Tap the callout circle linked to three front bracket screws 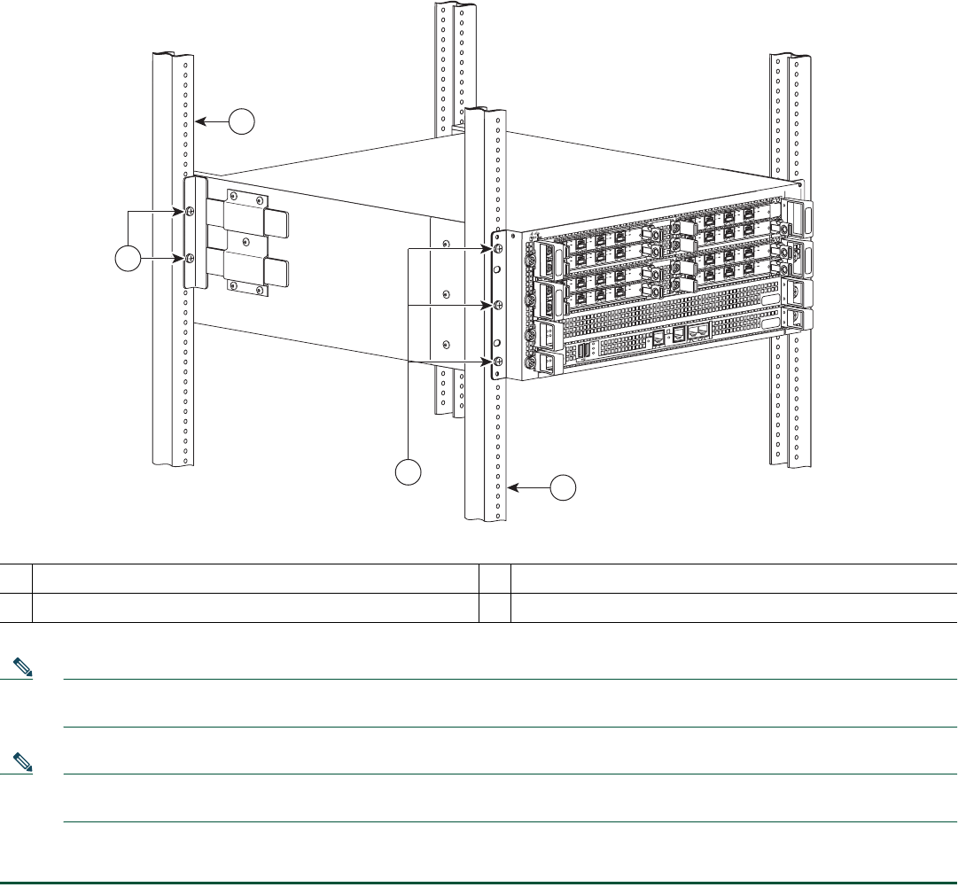[x=408, y=471]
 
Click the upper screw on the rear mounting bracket [x=191, y=212]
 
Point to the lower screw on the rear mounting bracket [x=191, y=258]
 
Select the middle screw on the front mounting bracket [x=498, y=306]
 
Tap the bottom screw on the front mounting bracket [x=498, y=362]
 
